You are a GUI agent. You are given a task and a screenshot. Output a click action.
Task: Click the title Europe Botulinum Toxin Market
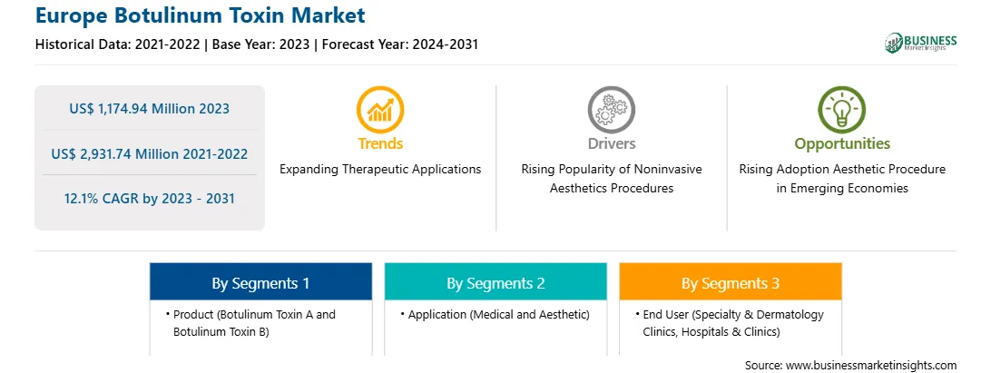pos(200,15)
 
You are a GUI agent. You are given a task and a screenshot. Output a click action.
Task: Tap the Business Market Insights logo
pos(920,43)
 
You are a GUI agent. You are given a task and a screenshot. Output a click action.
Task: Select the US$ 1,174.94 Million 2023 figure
pos(149,109)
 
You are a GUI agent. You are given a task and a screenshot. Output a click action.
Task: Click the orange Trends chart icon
pos(380,109)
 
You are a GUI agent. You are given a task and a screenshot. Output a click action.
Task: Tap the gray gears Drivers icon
pos(611,109)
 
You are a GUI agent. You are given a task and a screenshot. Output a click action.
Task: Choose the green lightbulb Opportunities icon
pos(842,109)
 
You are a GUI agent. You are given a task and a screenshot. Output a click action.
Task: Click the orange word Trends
pos(380,143)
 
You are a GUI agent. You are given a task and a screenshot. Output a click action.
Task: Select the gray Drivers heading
pos(611,143)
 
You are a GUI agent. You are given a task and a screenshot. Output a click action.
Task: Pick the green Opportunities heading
pos(842,144)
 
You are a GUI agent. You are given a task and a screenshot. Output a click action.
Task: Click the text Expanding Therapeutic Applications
pos(380,170)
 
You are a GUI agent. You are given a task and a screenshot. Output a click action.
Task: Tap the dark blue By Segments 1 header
pos(261,281)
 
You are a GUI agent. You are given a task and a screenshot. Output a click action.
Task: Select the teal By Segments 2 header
pos(495,281)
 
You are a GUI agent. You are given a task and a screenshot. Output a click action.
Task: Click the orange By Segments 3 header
pos(731,281)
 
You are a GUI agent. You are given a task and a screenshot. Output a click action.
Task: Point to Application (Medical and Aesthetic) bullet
pos(495,314)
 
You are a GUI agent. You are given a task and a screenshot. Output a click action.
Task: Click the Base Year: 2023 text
pos(261,44)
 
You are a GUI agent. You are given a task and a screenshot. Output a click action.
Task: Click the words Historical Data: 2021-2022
pos(118,44)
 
